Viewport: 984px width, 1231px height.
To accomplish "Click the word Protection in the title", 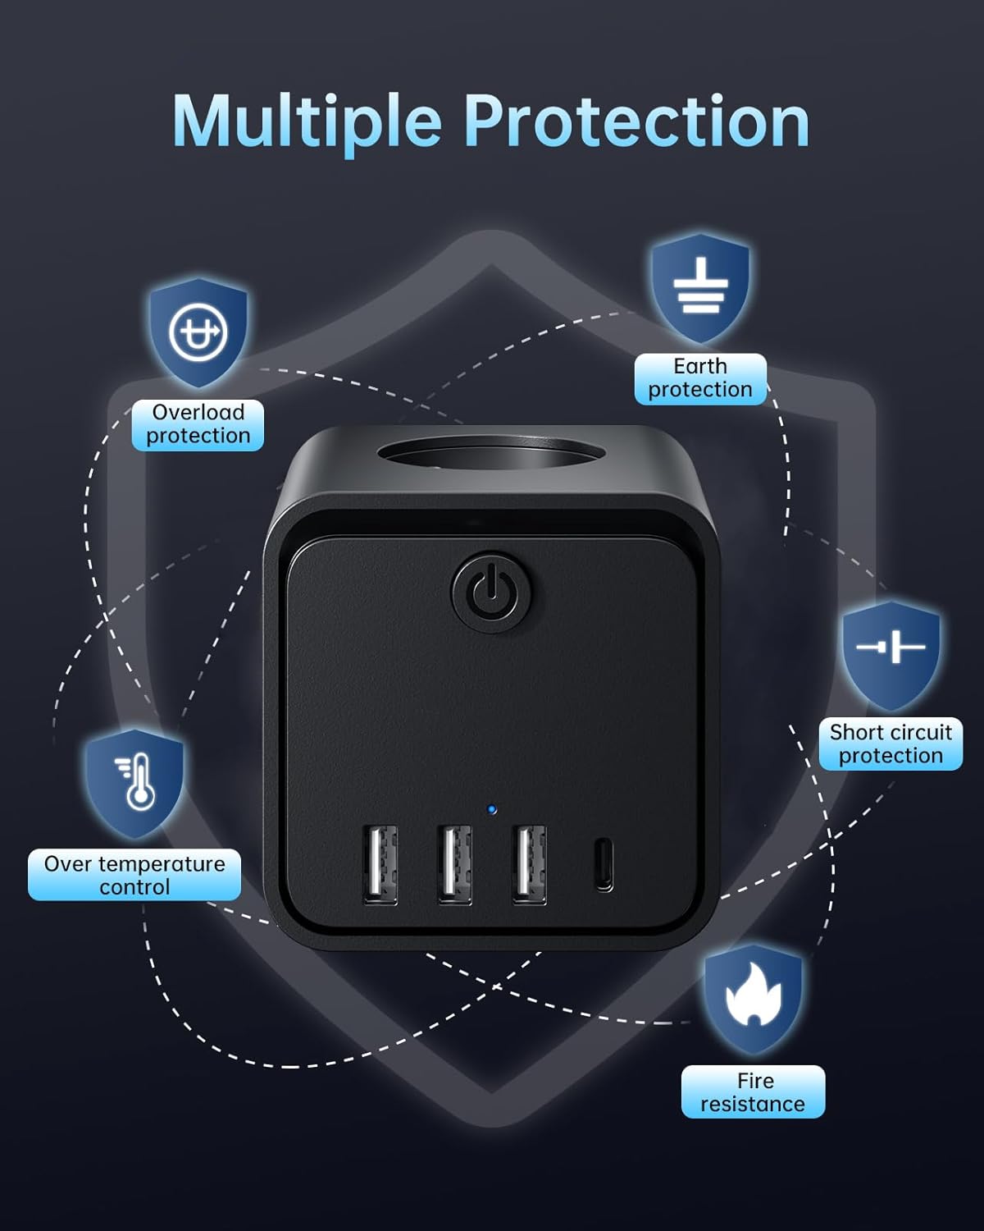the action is [637, 121].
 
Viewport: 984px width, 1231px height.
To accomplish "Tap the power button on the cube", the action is [492, 592].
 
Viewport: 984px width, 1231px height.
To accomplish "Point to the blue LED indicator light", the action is [492, 809].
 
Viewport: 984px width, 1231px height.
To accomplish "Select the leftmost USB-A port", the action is [380, 864].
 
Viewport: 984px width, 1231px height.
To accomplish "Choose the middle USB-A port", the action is [454, 864].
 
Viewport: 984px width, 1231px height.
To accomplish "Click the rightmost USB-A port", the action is [529, 864].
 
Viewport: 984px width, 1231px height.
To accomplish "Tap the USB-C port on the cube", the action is [604, 864].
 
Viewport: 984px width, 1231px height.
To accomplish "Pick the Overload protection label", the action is [198, 424].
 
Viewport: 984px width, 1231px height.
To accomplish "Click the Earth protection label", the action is [700, 378].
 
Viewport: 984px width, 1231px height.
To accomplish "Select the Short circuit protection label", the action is [891, 744].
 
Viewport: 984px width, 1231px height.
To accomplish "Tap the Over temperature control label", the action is [134, 875].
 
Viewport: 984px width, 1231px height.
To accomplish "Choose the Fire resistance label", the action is [753, 1092].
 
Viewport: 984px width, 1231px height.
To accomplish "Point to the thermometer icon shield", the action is [134, 784].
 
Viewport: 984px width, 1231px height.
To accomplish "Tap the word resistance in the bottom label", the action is [753, 1104].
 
